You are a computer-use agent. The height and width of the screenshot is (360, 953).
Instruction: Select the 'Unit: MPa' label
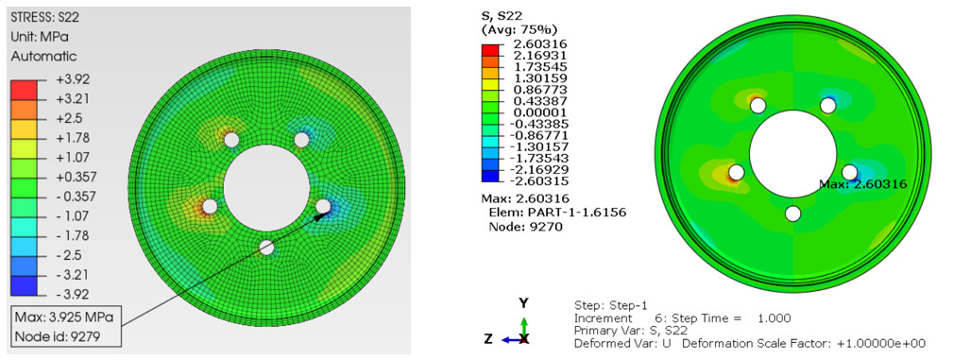click(x=39, y=37)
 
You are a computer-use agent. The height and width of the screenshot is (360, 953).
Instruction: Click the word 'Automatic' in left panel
click(x=43, y=57)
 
